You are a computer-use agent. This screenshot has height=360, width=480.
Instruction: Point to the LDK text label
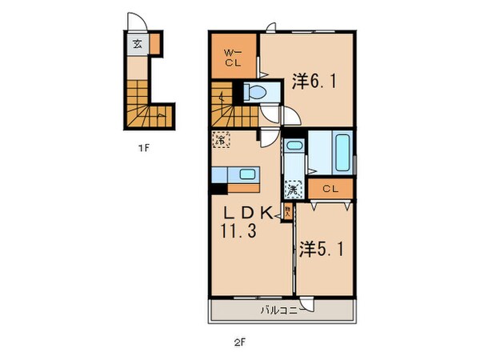coord(249,213)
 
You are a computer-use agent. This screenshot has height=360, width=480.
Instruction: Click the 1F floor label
coord(142,146)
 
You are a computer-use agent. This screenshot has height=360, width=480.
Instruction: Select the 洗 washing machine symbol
coord(293,190)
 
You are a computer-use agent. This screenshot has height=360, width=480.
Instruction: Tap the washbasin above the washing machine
coord(294,149)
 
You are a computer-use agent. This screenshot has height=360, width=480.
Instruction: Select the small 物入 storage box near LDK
coord(287,212)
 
